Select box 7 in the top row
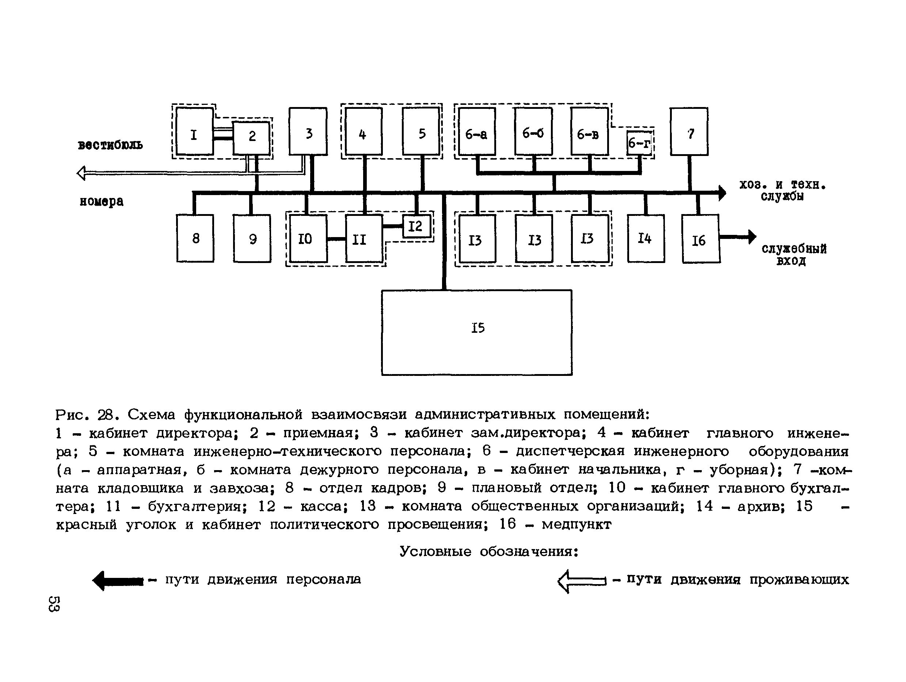pos(689,132)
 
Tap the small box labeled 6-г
pos(639,143)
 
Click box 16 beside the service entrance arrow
pos(700,239)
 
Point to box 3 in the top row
pos(308,132)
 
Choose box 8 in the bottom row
pos(195,239)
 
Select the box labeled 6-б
pos(533,132)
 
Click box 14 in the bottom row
pos(646,239)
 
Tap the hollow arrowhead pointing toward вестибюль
pos(81,173)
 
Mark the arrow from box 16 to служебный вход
pos(738,237)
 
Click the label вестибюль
pos(110,145)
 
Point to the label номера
pos(101,202)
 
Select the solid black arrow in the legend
pos(118,581)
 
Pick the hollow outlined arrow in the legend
pos(581,581)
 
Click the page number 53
pos(54,603)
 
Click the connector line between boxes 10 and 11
pos(336,239)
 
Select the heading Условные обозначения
pos(489,552)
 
